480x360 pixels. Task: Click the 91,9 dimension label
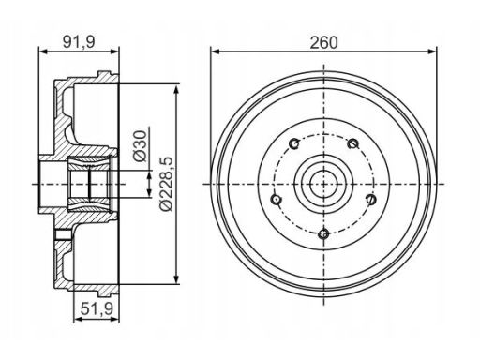click(x=79, y=42)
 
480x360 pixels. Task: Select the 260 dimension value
click(x=323, y=42)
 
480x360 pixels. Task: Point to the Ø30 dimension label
click(x=140, y=146)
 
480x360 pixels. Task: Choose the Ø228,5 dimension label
click(x=166, y=184)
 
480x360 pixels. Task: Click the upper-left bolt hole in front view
click(x=294, y=143)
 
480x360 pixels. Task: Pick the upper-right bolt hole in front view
click(x=352, y=143)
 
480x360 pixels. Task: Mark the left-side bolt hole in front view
click(x=276, y=199)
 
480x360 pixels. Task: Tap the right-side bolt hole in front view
click(x=371, y=199)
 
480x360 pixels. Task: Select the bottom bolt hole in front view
click(x=323, y=233)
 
